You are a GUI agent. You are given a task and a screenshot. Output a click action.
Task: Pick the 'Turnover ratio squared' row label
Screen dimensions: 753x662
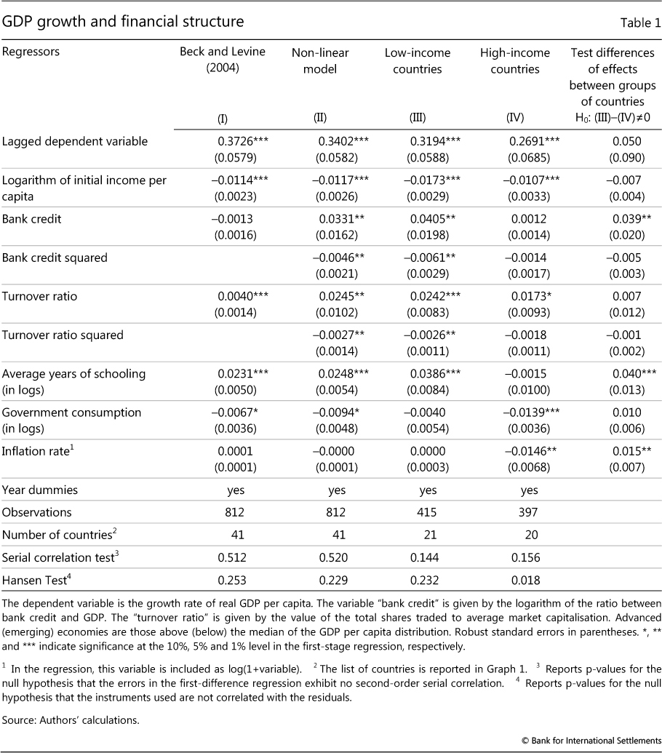coord(63,335)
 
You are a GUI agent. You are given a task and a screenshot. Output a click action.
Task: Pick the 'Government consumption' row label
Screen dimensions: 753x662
coord(62,413)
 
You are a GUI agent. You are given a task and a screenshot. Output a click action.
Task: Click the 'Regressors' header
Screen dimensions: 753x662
coord(31,52)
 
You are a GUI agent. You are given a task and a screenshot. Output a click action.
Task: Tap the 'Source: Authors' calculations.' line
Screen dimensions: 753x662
coord(71,700)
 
